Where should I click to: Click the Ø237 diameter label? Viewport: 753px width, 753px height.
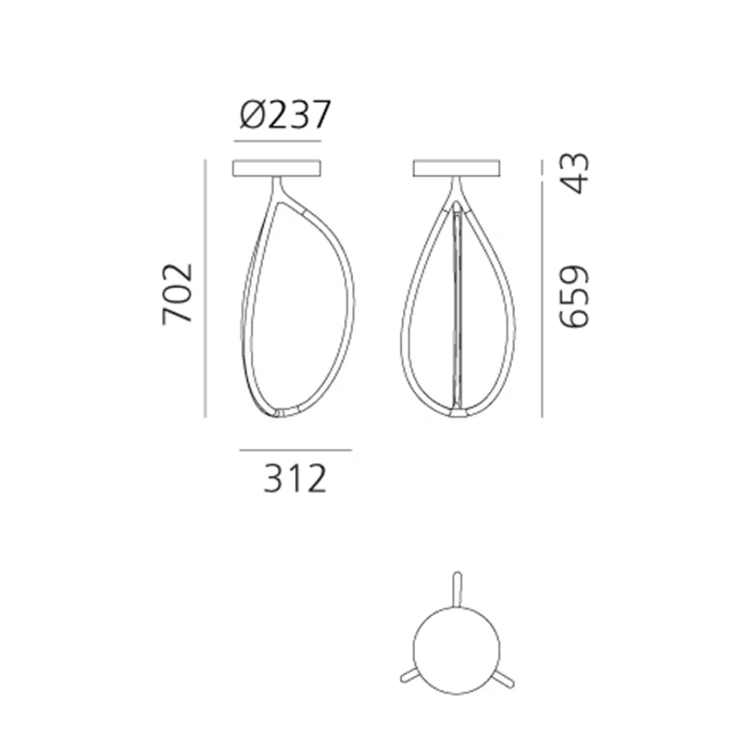[286, 114]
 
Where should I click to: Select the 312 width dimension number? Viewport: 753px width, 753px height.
[295, 479]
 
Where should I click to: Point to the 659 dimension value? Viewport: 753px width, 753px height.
[574, 297]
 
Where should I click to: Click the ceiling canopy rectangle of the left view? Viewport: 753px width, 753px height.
[277, 168]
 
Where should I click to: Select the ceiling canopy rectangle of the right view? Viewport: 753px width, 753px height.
[456, 168]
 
